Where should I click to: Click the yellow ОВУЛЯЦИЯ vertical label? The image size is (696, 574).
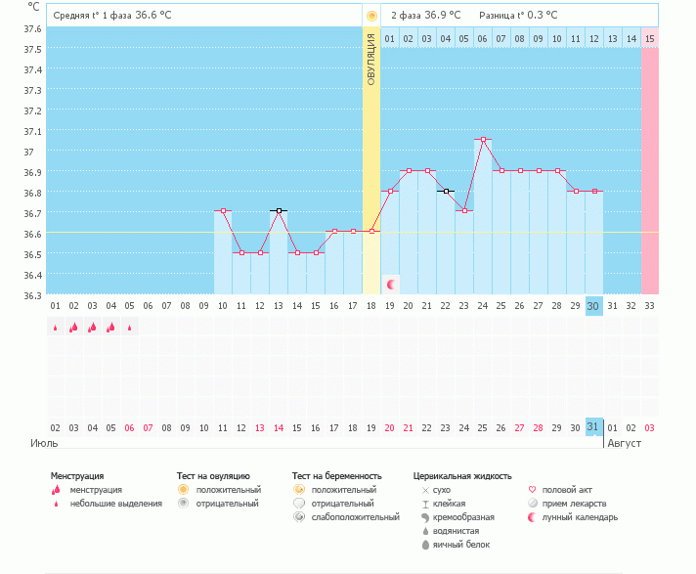[371, 60]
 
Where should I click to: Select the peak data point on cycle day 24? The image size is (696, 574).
[483, 140]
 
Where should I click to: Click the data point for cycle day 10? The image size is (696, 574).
[223, 210]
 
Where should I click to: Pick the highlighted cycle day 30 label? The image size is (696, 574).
[593, 306]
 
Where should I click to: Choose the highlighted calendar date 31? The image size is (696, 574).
[593, 427]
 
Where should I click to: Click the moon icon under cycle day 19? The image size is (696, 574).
[391, 284]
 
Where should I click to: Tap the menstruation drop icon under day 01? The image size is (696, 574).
[56, 328]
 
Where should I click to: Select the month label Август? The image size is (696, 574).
[625, 443]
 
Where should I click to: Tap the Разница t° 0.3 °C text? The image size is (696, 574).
[518, 16]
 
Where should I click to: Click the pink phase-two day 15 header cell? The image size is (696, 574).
[649, 38]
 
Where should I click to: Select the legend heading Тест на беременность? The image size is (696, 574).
[334, 476]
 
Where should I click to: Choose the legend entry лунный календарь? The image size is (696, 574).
[586, 516]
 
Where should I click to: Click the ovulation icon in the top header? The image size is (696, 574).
[370, 16]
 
